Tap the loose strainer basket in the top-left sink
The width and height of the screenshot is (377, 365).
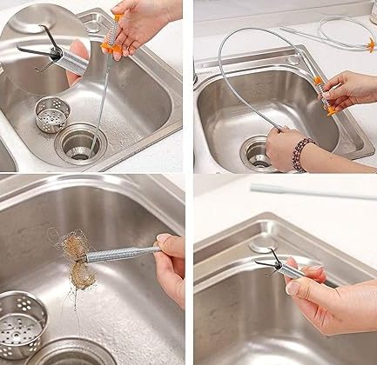click(x=53, y=113)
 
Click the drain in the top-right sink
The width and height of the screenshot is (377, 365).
click(x=259, y=152)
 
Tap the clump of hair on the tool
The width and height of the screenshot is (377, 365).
click(x=73, y=260)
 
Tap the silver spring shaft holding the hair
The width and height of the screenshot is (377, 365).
click(x=122, y=254)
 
